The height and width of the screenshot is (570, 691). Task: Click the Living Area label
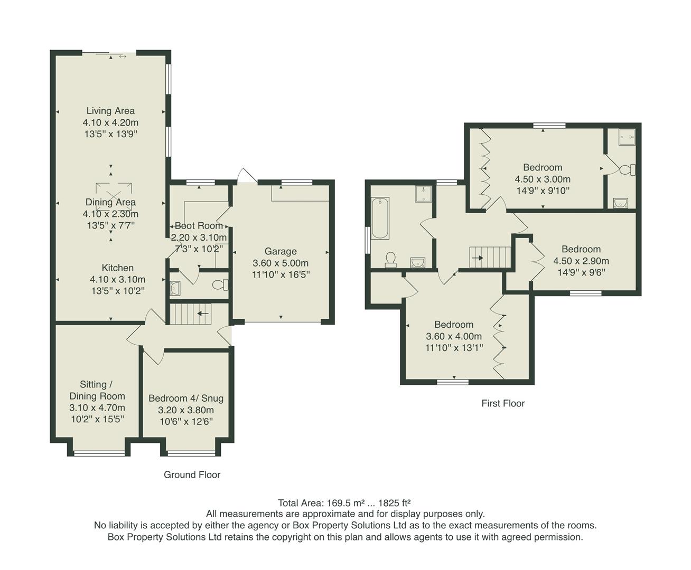(x=110, y=111)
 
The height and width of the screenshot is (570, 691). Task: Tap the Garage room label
(x=281, y=252)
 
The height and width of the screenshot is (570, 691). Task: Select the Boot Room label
(x=199, y=226)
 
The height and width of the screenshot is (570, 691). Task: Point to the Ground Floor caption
(x=192, y=474)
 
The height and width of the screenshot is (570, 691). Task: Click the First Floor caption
(x=503, y=403)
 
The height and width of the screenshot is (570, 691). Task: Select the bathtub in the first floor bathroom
(x=380, y=218)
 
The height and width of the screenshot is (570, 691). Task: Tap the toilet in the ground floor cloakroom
(x=220, y=285)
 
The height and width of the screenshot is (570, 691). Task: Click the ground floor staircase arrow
(x=202, y=313)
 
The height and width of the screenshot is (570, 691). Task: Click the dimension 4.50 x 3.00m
(x=543, y=179)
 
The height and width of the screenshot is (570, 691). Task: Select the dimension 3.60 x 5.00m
(x=281, y=263)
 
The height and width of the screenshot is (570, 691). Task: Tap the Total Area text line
(x=344, y=502)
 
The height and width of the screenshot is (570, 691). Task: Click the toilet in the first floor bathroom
(x=391, y=258)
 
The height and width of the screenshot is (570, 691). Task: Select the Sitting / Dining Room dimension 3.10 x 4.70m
(x=97, y=407)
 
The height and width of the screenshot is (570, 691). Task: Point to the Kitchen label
(x=118, y=268)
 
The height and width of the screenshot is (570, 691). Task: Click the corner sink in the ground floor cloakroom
(x=175, y=288)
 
